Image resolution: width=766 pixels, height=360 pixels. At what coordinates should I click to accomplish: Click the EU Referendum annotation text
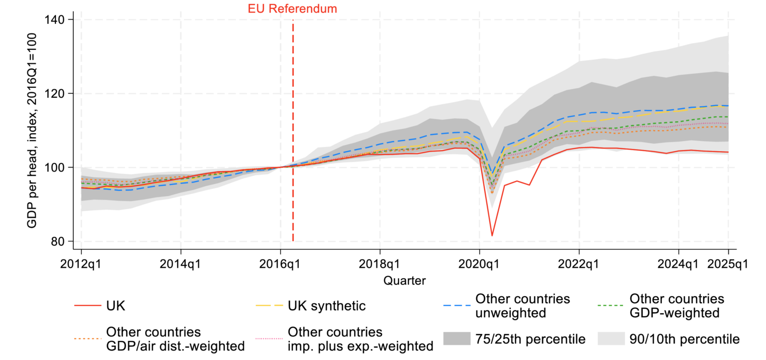292,8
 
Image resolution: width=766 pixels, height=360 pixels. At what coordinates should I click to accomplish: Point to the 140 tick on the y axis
58,19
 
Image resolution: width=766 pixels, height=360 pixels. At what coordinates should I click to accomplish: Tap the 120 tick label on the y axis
58,93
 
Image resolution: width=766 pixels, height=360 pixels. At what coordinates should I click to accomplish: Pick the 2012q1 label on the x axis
81,264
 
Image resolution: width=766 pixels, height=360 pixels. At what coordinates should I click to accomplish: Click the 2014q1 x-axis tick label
181,264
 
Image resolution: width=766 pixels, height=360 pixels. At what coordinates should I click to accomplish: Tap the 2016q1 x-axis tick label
280,264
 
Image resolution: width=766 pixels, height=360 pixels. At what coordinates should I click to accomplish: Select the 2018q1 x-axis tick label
380,264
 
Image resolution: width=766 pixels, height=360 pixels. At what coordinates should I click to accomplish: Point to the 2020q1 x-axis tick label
479,264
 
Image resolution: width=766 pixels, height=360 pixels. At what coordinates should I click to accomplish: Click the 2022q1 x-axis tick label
579,264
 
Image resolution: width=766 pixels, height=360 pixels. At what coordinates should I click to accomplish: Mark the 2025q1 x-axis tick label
728,264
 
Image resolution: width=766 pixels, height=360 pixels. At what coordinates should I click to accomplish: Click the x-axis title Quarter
404,281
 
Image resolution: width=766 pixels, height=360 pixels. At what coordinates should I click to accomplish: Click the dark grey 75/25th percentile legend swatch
456,339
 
